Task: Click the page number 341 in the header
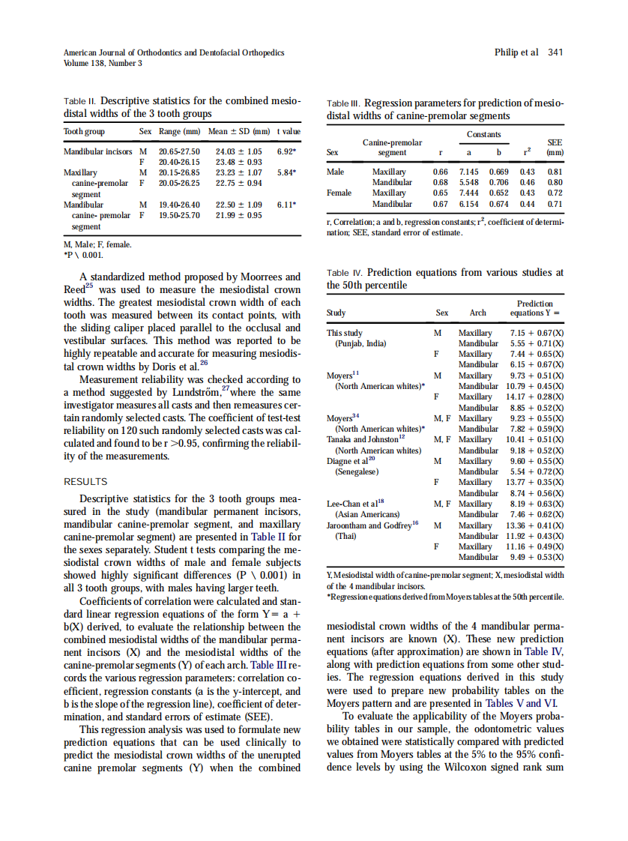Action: (555, 52)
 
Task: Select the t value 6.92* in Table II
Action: (289, 151)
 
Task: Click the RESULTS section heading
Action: (85, 482)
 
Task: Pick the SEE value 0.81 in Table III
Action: (555, 172)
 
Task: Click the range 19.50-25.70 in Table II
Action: (180, 215)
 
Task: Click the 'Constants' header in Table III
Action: (483, 135)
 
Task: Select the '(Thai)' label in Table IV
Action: (345, 536)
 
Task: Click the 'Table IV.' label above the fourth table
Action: (345, 274)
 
